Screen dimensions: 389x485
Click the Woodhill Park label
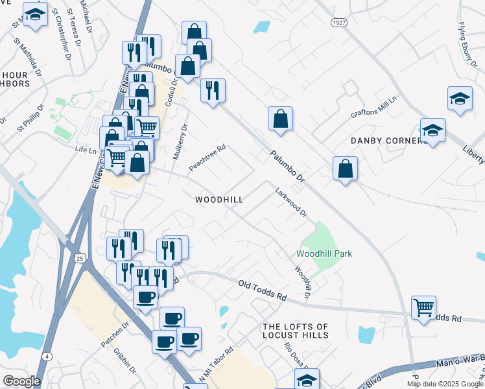pyautogui.click(x=324, y=253)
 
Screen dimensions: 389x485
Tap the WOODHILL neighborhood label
pyautogui.click(x=219, y=200)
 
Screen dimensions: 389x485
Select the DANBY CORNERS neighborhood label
pyautogui.click(x=388, y=141)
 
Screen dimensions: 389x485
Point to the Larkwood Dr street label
pyautogui.click(x=290, y=202)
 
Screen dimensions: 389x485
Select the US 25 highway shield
pyautogui.click(x=79, y=258)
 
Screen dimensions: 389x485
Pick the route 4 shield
pyautogui.click(x=47, y=357)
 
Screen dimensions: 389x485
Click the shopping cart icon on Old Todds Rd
pyautogui.click(x=423, y=307)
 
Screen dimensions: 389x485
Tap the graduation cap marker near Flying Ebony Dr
pyautogui.click(x=460, y=99)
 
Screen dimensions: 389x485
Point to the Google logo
pyautogui.click(x=21, y=381)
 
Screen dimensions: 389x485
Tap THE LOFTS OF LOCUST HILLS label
pyautogui.click(x=295, y=331)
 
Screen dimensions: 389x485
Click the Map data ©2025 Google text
pyautogui.click(x=445, y=384)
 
